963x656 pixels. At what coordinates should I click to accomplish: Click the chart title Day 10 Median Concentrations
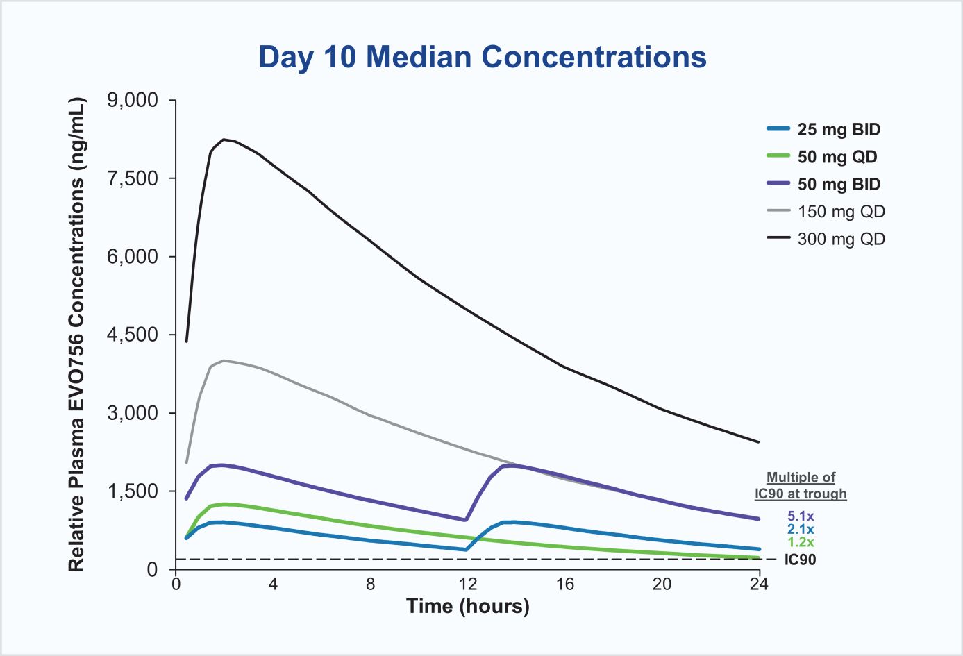coord(482,57)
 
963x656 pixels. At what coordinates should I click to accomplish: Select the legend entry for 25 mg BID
coord(838,130)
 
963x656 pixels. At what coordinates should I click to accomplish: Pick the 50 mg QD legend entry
coord(837,157)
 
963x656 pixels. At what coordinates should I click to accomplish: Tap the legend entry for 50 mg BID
coord(838,184)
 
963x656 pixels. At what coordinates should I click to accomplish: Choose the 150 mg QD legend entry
coord(841,212)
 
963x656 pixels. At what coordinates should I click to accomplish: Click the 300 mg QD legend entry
coord(841,239)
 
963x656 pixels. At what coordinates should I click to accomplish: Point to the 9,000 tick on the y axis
coord(133,101)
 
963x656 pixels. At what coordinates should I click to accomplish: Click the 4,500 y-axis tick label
coord(133,335)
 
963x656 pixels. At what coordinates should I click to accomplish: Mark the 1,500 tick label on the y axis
coord(133,491)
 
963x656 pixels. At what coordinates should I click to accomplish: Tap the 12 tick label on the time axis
coord(467,584)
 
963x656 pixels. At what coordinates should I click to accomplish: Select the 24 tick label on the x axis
coord(759,584)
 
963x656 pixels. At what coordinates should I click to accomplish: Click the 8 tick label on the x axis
coord(370,584)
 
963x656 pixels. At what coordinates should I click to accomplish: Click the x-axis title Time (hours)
coord(467,606)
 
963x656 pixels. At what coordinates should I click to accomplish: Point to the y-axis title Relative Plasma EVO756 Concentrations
coord(76,335)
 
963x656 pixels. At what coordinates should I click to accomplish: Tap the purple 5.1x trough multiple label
coord(801,516)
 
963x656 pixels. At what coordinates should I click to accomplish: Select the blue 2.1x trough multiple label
coord(801,530)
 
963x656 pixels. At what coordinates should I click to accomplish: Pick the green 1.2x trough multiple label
coord(801,543)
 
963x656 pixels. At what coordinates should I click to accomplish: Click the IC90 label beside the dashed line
coord(800,560)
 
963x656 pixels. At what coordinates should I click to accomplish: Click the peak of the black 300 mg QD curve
coord(224,140)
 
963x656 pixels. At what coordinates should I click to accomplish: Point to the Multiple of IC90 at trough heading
coord(801,486)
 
